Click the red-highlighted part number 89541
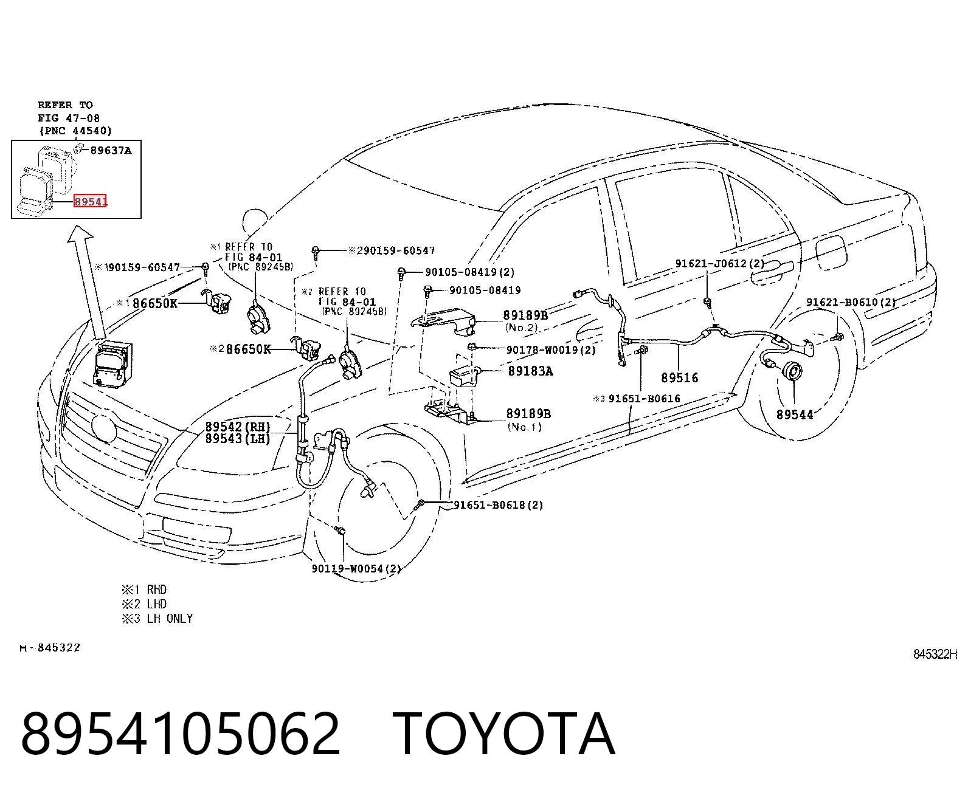91,201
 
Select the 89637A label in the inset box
111,150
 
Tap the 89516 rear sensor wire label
680,378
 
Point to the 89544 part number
795,414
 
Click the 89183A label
530,371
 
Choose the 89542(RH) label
238,427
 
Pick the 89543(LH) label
238,439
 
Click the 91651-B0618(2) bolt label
499,505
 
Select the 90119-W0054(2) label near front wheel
356,568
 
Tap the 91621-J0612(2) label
719,263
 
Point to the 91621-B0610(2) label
851,302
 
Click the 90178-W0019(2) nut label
551,349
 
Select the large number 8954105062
181,735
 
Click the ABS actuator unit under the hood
112,364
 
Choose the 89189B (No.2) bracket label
525,321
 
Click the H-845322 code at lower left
50,648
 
